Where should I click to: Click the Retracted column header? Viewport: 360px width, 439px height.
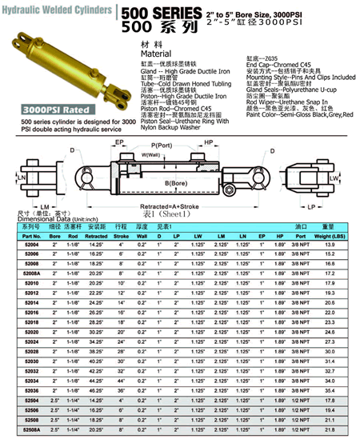[x=97, y=237]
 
